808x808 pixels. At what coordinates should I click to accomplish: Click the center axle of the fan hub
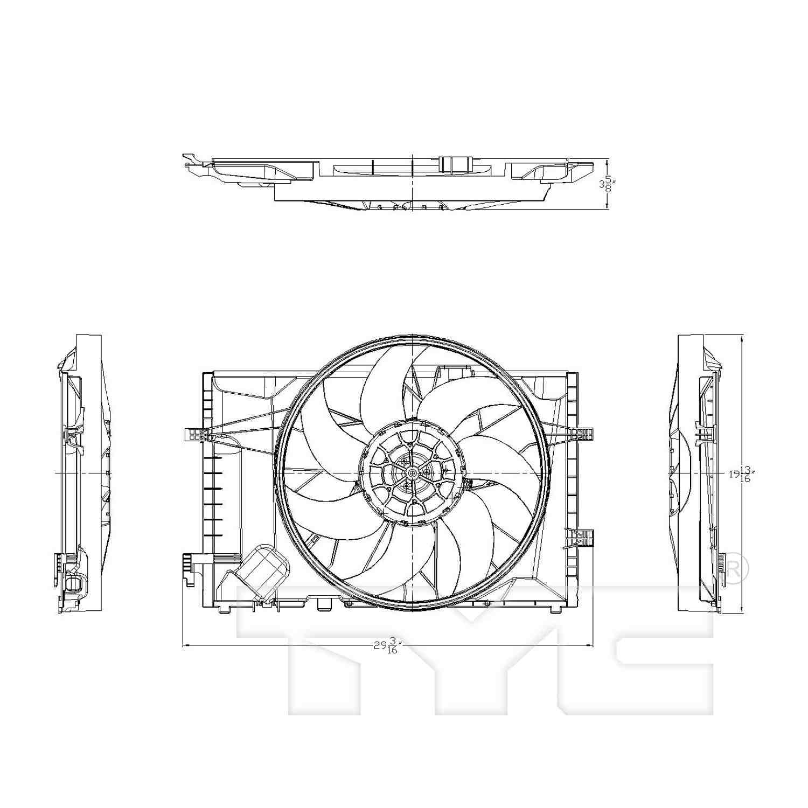[x=412, y=472]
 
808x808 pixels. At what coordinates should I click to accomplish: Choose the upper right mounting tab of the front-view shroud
[x=586, y=434]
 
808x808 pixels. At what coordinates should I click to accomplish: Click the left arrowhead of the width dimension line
[x=186, y=645]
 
